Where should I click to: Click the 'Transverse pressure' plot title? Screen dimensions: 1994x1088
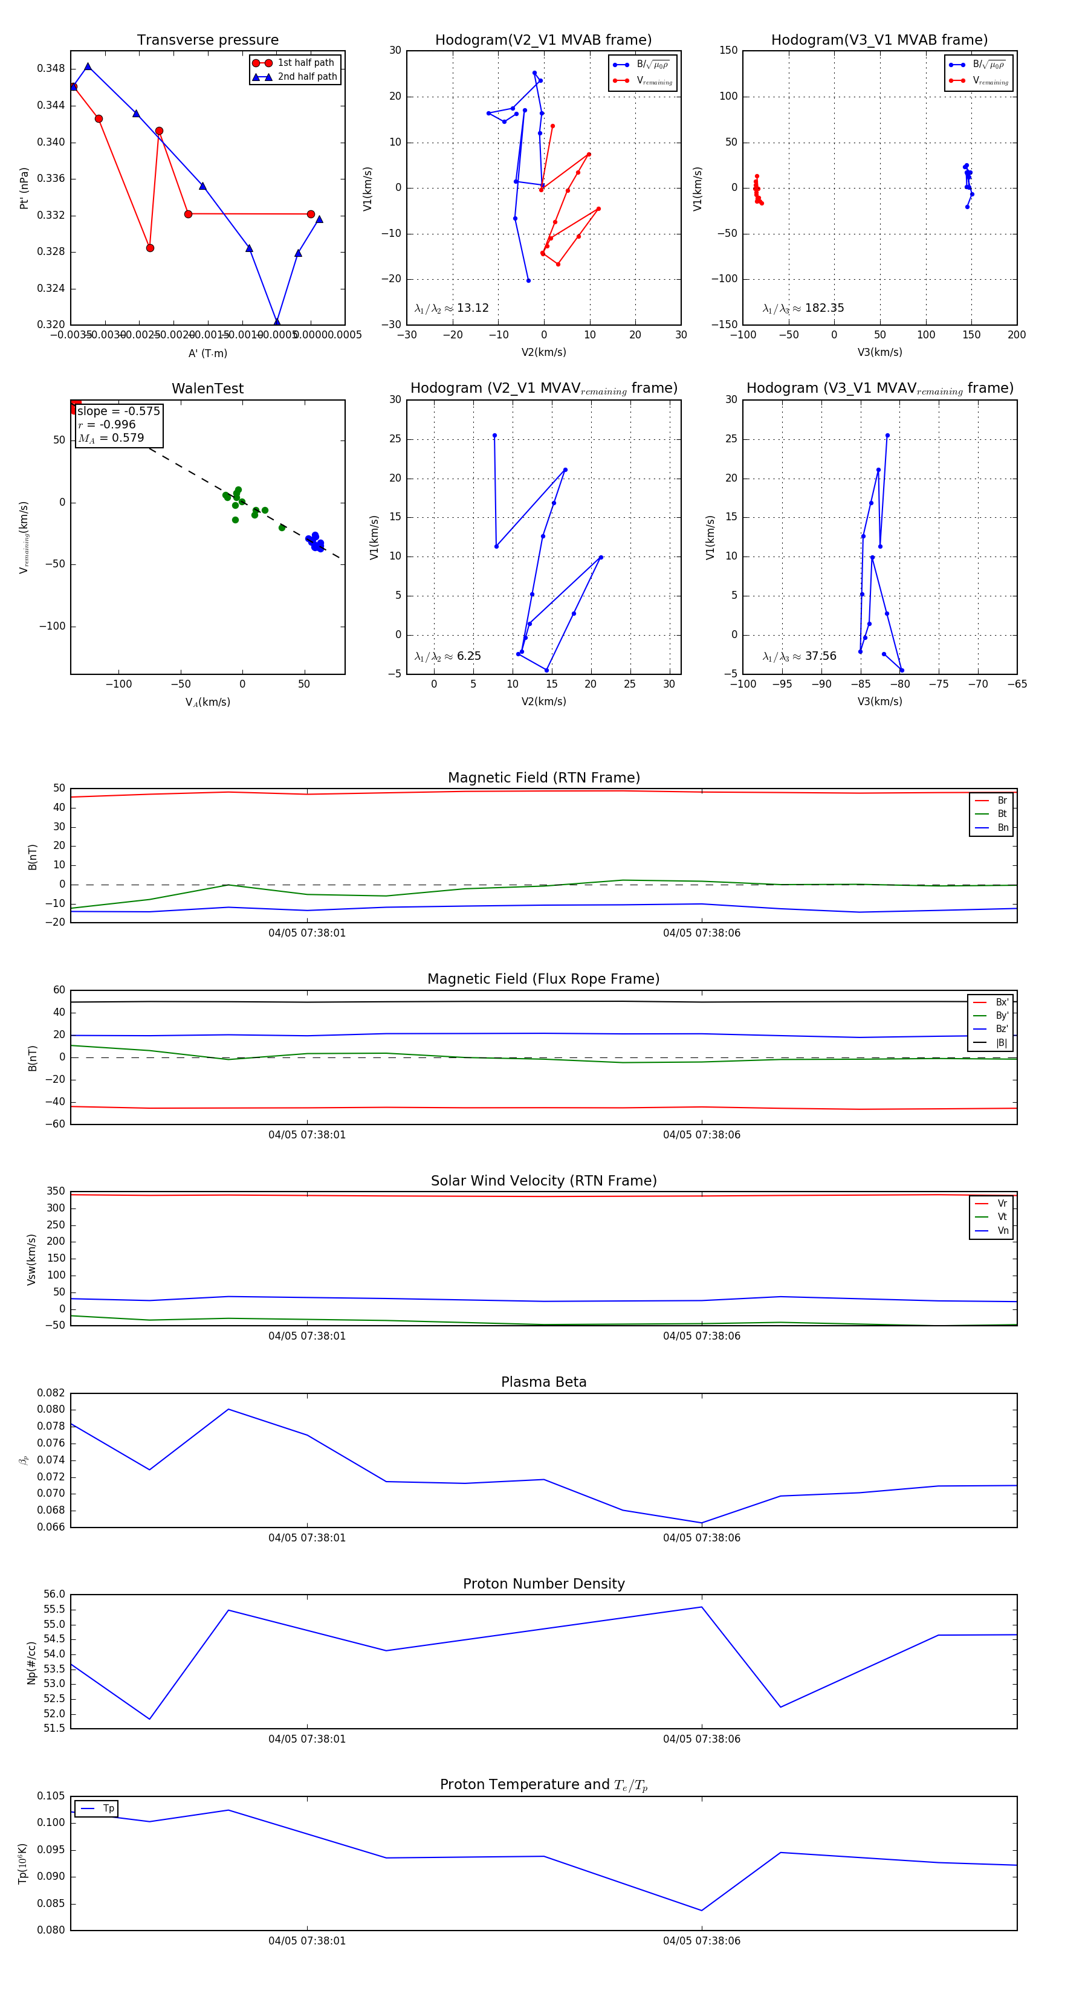click(x=207, y=40)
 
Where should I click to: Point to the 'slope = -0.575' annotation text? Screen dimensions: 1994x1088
click(x=118, y=411)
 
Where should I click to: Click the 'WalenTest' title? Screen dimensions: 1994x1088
click(x=207, y=389)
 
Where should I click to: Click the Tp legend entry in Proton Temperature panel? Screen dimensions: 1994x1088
click(x=108, y=1808)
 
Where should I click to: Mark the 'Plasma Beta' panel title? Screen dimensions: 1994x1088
click(x=543, y=1382)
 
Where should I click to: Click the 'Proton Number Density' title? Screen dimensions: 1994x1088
click(x=543, y=1584)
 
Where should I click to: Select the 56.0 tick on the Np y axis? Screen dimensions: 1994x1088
click(x=54, y=1595)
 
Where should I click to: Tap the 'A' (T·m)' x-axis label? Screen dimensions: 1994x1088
click(x=207, y=353)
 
